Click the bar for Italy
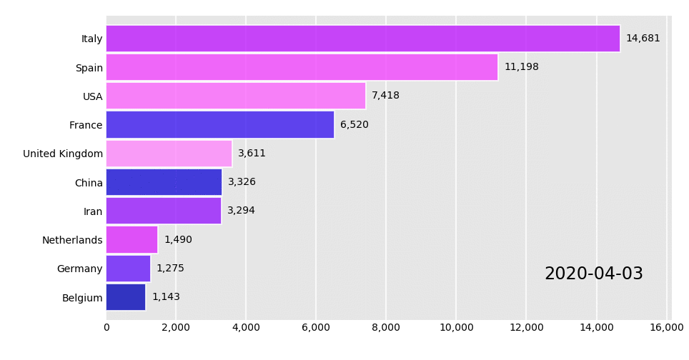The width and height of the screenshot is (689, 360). click(362, 39)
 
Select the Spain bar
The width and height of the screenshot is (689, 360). click(302, 67)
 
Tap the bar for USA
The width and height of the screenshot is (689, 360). click(236, 96)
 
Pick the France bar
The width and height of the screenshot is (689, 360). click(220, 125)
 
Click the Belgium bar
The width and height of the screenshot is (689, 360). click(126, 297)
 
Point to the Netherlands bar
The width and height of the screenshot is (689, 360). click(132, 240)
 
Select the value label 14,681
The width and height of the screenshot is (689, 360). click(643, 39)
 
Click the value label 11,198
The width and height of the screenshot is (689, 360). click(521, 67)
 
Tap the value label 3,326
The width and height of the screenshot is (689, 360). click(242, 182)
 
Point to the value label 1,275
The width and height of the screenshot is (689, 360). click(170, 269)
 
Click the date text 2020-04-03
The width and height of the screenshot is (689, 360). click(593, 274)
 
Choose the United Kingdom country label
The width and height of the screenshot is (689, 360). click(63, 154)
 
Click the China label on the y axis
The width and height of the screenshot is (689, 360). click(89, 183)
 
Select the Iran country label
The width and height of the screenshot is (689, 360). click(93, 211)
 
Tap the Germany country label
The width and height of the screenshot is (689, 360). click(80, 269)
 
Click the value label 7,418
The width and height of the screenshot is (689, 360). click(385, 96)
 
